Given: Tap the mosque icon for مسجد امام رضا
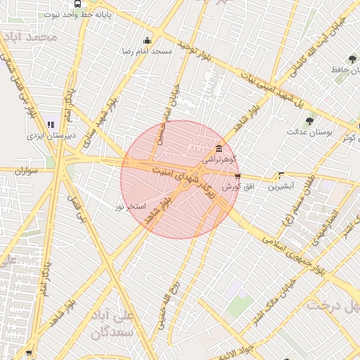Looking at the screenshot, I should [x=146, y=41].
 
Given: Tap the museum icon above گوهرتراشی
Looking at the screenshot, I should [x=219, y=149].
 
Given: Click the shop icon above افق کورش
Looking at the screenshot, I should [x=238, y=176].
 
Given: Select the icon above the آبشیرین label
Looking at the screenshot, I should [x=282, y=176].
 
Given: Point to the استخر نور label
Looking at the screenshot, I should [x=130, y=206].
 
